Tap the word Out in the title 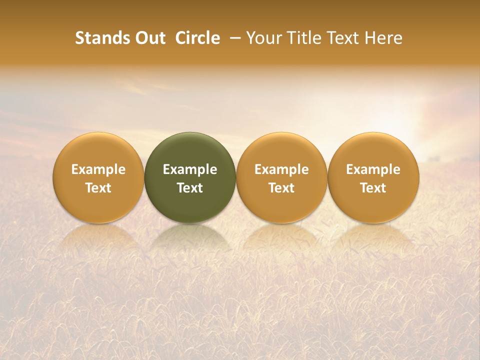[149, 38]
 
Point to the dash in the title [234, 38]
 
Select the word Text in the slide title [340, 38]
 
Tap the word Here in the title [382, 38]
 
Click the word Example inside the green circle [190, 169]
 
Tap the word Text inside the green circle [190, 188]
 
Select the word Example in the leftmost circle [98, 169]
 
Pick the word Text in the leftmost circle [98, 188]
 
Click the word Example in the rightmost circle [373, 169]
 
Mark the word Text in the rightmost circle [373, 188]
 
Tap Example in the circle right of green [281, 169]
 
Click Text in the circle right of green [281, 188]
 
